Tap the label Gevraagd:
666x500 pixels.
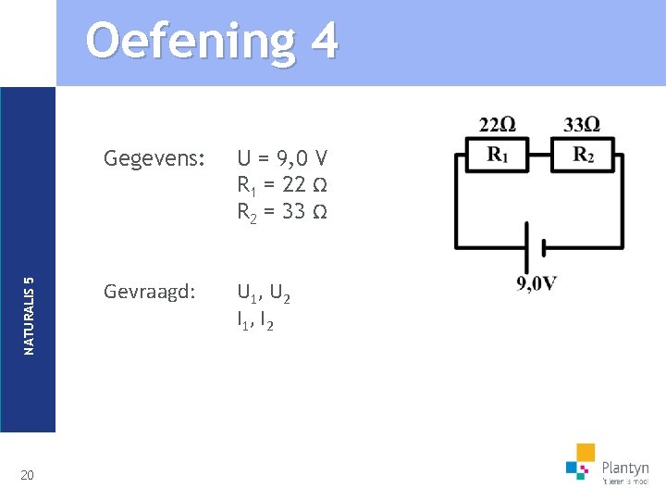[150, 293]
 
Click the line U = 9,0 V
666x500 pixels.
[282, 157]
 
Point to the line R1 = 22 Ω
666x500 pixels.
[282, 184]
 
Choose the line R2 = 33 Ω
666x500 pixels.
[282, 211]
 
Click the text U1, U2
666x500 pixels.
[265, 294]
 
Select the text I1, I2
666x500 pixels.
[254, 321]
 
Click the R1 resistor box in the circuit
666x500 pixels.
[497, 156]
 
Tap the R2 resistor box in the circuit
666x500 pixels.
[582, 156]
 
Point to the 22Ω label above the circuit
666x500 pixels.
[498, 125]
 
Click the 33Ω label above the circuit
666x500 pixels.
[582, 125]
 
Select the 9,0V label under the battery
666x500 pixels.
[536, 283]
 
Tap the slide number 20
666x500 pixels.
[28, 475]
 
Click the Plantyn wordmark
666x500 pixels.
[625, 469]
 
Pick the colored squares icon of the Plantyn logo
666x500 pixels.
[580, 460]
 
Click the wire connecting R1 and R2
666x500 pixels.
[539, 156]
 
